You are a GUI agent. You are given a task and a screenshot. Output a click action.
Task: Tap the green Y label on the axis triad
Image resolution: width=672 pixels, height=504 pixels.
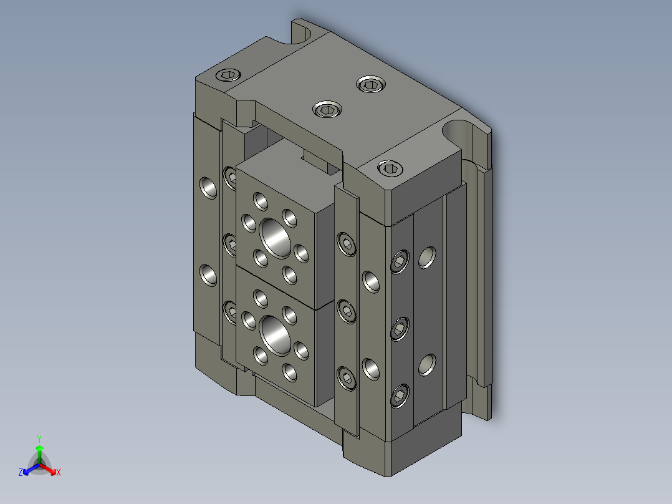(x=39, y=438)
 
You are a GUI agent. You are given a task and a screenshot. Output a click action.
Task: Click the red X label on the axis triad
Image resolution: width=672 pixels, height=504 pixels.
(x=58, y=472)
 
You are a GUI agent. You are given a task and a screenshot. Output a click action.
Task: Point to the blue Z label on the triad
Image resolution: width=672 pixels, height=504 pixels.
(x=21, y=472)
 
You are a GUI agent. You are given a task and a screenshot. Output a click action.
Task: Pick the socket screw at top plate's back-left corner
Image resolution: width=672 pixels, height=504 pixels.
(x=228, y=76)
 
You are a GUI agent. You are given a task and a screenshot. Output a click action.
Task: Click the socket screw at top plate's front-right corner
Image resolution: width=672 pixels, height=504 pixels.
(x=390, y=167)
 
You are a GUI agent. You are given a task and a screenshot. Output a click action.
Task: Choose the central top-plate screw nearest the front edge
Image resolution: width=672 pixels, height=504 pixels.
(x=327, y=110)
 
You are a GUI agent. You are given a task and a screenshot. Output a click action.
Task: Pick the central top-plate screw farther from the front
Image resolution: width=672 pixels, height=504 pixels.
(x=369, y=84)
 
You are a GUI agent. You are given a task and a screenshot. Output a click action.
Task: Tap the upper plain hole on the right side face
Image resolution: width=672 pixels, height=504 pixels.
(x=426, y=256)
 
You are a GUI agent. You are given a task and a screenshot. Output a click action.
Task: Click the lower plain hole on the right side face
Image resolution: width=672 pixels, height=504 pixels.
(x=426, y=364)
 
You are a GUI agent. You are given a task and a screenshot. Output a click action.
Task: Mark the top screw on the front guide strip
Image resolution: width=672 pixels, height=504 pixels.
(x=347, y=245)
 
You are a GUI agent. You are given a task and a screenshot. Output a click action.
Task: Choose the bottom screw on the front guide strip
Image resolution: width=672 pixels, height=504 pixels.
(x=347, y=378)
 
